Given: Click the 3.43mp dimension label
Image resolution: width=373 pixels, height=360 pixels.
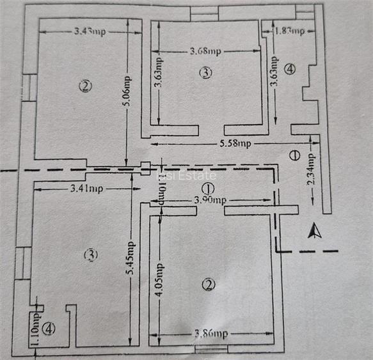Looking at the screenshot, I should coord(90,31).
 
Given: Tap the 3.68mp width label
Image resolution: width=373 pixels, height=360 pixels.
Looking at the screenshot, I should coord(205,51).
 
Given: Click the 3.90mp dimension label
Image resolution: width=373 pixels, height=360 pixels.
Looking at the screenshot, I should coord(209,200).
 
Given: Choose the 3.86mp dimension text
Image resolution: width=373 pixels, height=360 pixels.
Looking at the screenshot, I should coord(210,334).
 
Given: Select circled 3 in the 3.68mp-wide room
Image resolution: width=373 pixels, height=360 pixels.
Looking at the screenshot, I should coord(205,73).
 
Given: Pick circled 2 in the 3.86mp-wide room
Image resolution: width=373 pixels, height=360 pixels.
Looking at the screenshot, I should coord(206,285).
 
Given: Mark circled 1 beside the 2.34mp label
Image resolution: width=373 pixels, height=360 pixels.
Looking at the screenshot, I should coord(294,154).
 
